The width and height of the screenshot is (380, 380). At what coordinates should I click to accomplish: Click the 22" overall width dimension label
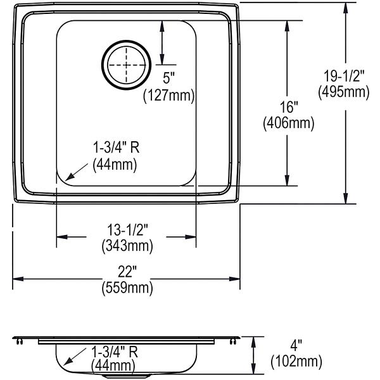click(127, 272)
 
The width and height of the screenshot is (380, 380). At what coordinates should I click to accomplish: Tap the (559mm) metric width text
click(127, 288)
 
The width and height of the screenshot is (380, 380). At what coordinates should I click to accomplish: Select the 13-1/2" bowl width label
click(127, 230)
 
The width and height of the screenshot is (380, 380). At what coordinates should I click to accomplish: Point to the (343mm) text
click(127, 246)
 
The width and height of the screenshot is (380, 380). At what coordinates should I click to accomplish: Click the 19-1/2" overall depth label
click(344, 76)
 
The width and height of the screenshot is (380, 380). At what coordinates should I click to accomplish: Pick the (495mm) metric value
click(344, 92)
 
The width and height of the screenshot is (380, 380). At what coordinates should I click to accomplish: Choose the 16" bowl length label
click(289, 107)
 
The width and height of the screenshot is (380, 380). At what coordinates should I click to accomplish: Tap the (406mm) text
click(289, 123)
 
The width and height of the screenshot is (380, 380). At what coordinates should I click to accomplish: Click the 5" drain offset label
click(168, 79)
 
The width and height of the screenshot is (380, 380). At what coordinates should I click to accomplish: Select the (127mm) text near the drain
click(169, 95)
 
